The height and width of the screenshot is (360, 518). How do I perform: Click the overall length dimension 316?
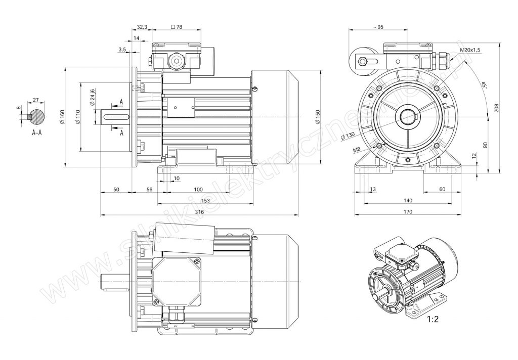click(199, 212)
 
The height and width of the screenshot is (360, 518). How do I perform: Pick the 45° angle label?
click(484, 85)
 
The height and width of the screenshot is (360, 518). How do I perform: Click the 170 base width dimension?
click(408, 211)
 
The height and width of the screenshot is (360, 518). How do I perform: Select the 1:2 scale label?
click(432, 320)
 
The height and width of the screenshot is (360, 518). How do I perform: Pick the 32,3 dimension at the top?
click(143, 26)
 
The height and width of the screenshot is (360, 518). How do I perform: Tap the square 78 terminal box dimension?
click(177, 26)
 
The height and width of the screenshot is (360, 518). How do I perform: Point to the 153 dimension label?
click(206, 201)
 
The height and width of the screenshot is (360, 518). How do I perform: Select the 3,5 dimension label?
click(122, 50)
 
